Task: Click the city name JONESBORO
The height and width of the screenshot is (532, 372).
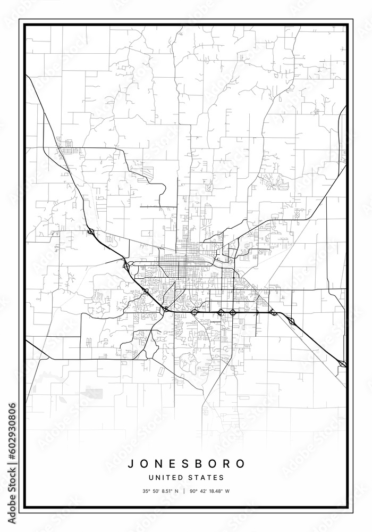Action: click(186, 463)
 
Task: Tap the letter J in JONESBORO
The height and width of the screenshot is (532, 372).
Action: click(131, 463)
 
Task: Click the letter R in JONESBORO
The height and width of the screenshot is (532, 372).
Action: click(229, 463)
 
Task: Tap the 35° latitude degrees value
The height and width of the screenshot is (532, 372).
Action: click(146, 491)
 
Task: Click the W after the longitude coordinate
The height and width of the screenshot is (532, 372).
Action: click(227, 491)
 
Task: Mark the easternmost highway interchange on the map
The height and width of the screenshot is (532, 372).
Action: click(342, 364)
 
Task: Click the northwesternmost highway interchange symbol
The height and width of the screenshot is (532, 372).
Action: click(90, 232)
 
